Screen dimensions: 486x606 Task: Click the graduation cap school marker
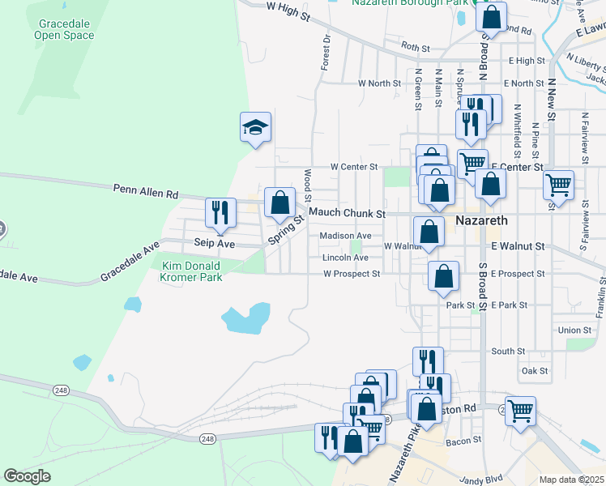tap(255, 128)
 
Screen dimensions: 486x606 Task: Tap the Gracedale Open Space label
tap(66, 29)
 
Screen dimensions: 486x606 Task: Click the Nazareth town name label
tap(481, 220)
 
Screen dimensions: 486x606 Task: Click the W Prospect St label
tap(352, 274)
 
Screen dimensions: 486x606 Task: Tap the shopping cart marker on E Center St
tap(558, 185)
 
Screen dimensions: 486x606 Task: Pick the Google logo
tap(28, 476)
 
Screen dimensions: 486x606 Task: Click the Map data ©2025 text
tap(572, 480)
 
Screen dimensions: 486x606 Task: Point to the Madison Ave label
tap(345, 236)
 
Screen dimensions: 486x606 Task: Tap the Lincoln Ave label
tap(345, 258)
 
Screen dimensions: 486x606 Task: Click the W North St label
tap(380, 83)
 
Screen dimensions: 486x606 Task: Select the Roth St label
tap(415, 49)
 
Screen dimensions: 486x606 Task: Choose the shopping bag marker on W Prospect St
tap(443, 276)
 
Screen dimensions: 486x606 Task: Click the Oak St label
tap(536, 371)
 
